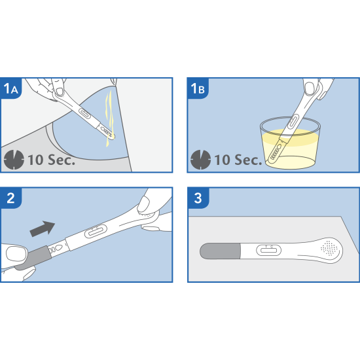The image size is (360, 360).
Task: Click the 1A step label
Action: tap(10, 88)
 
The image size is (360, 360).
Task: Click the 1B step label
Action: tap(198, 88)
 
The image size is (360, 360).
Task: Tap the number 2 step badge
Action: tap(10, 198)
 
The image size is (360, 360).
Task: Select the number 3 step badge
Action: tap(198, 198)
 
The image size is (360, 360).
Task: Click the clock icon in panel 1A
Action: tap(14, 160)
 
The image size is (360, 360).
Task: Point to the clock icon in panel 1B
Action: tap(201, 160)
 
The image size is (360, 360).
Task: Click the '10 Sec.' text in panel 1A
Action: tap(52, 160)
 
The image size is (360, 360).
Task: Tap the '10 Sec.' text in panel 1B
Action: tap(238, 160)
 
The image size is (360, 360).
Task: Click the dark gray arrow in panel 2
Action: tap(43, 228)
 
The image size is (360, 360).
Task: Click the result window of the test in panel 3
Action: tap(268, 250)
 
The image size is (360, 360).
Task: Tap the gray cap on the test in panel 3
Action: tap(221, 251)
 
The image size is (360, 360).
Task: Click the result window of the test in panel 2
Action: tap(96, 231)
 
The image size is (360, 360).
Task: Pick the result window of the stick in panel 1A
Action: tap(84, 113)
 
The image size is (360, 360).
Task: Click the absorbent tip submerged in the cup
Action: tap(276, 153)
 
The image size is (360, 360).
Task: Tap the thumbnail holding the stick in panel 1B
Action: tap(310, 88)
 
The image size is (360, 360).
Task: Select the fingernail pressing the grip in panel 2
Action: tap(143, 204)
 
